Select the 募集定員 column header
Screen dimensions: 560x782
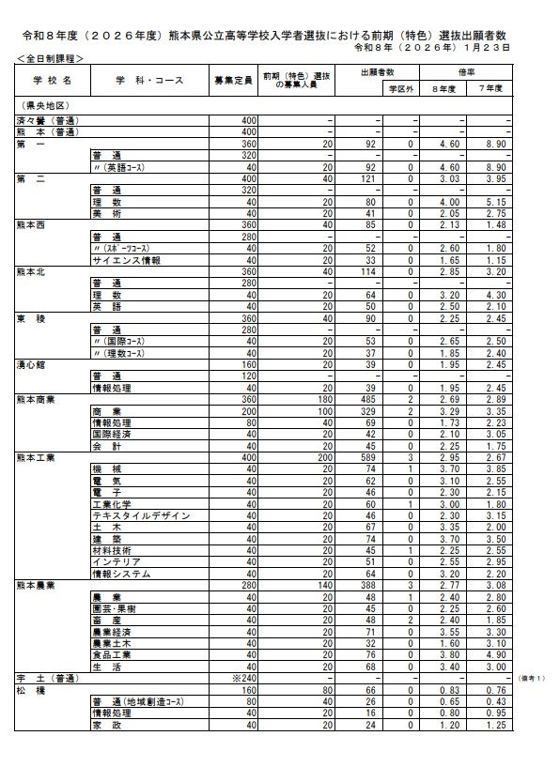232,81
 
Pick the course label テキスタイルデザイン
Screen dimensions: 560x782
141,515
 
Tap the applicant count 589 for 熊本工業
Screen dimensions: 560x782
368,457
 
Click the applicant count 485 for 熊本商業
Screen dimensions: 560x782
368,399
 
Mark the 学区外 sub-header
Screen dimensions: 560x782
402,88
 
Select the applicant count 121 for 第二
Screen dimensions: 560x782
368,177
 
